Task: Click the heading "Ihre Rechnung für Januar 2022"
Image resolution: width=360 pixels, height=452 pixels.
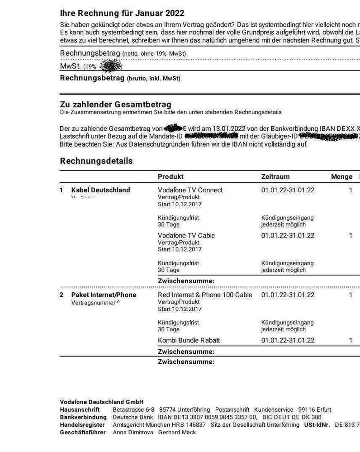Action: click(122, 13)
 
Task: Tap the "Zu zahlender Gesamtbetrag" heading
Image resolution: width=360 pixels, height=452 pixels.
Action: click(115, 105)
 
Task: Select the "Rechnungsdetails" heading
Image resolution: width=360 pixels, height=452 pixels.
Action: click(96, 161)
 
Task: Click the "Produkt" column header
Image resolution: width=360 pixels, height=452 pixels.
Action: click(171, 177)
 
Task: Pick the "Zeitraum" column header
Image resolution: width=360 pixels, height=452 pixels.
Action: click(275, 177)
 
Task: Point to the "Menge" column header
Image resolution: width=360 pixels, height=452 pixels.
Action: click(341, 177)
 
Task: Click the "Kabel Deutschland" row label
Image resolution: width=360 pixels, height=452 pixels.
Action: click(100, 190)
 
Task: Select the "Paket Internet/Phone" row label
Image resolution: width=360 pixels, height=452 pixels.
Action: click(104, 295)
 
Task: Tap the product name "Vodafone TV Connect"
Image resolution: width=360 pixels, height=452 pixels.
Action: click(190, 190)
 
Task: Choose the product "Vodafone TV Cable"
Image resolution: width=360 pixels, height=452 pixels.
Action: click(186, 235)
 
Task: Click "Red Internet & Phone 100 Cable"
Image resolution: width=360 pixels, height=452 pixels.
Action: click(205, 295)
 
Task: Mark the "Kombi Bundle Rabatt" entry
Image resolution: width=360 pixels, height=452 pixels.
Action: click(189, 340)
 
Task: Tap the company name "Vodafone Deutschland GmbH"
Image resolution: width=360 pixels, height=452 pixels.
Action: click(102, 402)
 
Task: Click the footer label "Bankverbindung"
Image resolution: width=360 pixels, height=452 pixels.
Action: click(83, 417)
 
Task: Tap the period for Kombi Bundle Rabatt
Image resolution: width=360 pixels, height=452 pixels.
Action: click(288, 340)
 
